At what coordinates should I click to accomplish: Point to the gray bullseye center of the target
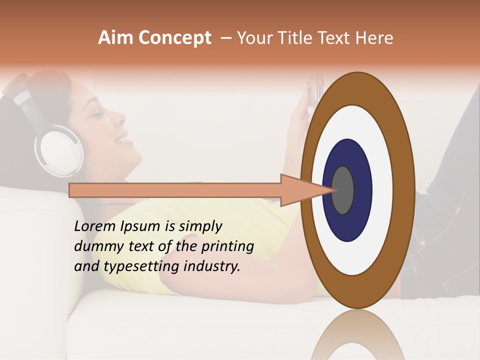tap(342, 190)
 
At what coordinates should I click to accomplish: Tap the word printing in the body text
tap(228, 247)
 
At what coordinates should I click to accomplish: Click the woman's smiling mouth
tap(122, 140)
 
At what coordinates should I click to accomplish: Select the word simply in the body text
tap(200, 227)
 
